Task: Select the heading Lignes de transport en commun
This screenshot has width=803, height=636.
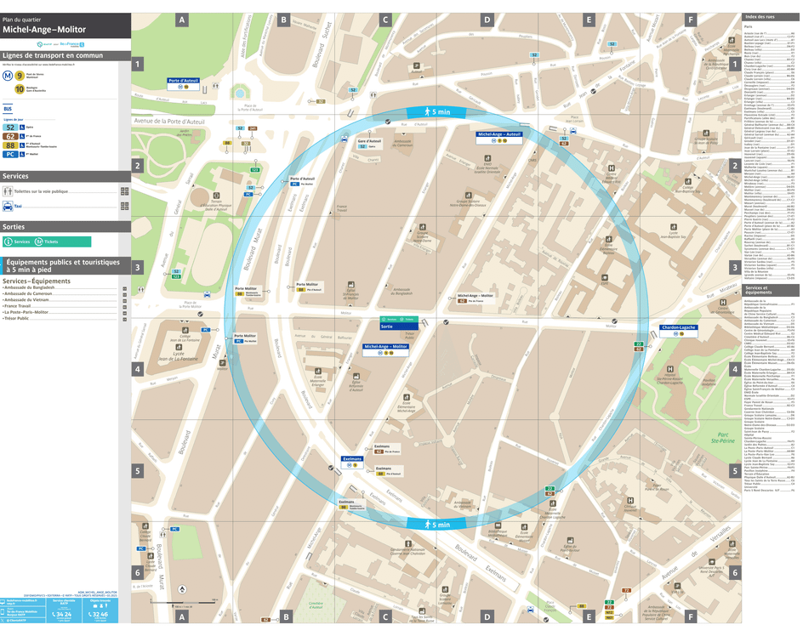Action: click(53, 55)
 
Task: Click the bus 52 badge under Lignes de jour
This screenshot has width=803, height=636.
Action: click(9, 127)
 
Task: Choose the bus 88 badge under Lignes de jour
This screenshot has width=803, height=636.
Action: click(9, 145)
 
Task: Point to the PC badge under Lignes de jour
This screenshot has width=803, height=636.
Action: click(9, 155)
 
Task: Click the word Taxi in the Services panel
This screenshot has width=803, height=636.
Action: click(17, 206)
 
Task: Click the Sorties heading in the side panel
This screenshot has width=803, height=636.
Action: click(14, 227)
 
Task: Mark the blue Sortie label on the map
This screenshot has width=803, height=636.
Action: click(388, 326)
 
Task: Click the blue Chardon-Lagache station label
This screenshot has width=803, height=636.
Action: click(678, 327)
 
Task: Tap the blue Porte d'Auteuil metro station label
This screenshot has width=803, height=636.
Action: click(183, 81)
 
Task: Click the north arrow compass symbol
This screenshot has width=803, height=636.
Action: click(182, 589)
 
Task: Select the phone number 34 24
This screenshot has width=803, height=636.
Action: click(61, 613)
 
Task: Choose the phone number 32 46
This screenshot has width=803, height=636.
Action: click(100, 613)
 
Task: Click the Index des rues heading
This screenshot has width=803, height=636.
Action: click(760, 17)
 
